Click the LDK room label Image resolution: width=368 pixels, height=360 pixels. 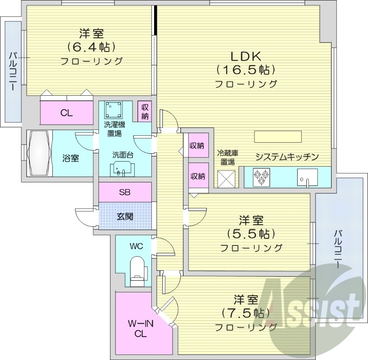tap(246, 57)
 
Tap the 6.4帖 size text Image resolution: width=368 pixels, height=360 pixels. tap(91, 47)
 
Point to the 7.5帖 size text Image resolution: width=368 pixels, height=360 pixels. tap(246, 314)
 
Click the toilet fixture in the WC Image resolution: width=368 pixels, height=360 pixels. tap(138, 268)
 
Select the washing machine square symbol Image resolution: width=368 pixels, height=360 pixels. tap(114, 110)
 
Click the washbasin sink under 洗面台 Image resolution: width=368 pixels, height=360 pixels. tap(122, 169)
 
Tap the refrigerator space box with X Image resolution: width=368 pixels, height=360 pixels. tap(226, 178)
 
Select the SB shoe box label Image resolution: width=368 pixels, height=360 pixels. tap(125, 192)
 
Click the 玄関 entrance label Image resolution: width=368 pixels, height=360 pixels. tap(125, 215)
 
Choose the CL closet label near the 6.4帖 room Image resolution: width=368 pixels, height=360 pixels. tap(67, 113)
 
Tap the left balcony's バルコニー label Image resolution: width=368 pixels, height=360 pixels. tap(13, 71)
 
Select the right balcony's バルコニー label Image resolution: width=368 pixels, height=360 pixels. tap(338, 250)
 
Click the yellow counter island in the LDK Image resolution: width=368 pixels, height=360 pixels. tap(278, 137)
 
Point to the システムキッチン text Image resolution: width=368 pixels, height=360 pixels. tap(287, 157)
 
